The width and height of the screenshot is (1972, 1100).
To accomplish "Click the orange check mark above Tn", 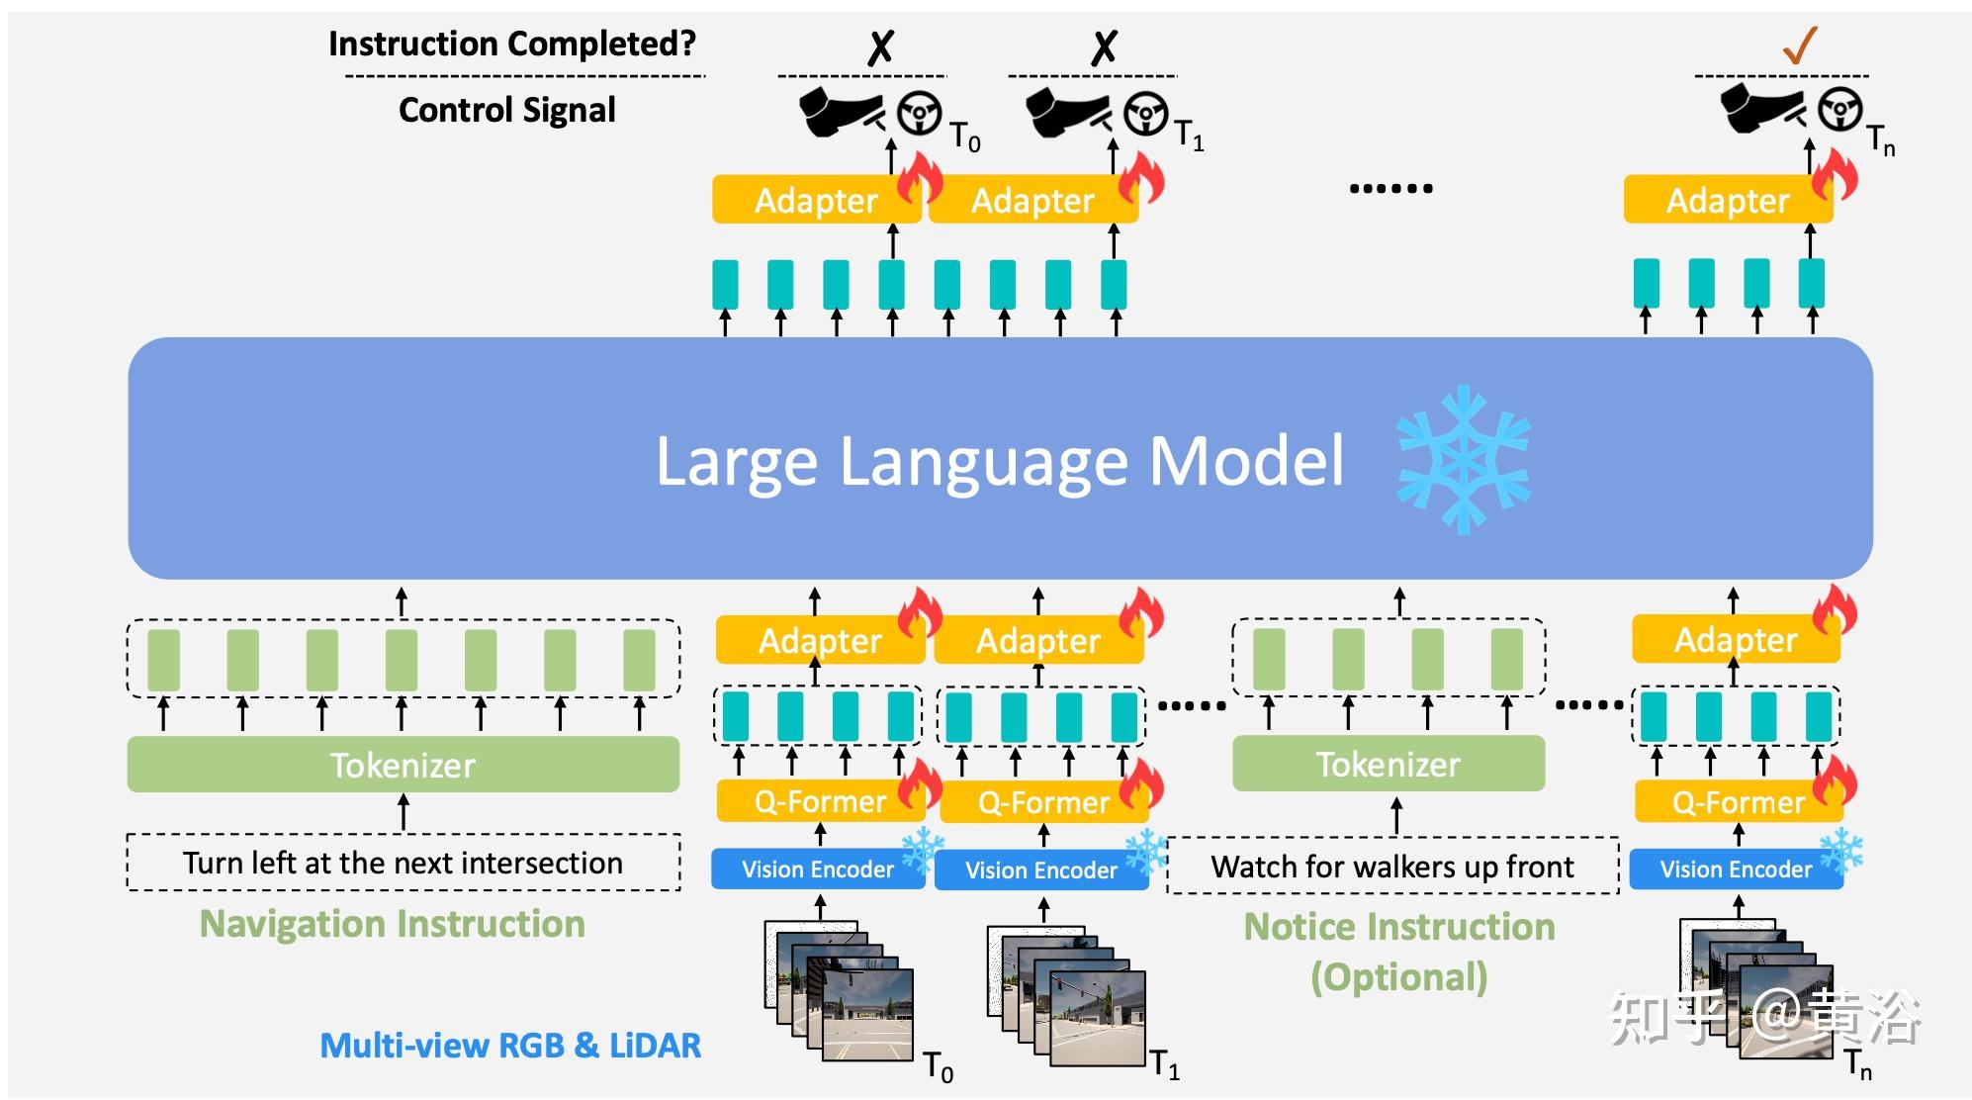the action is (1799, 45).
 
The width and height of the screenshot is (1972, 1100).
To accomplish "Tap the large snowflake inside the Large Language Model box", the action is (1464, 460).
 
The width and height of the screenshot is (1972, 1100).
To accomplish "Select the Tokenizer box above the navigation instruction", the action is (403, 765).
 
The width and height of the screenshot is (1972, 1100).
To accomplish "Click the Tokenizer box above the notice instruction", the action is (1389, 764).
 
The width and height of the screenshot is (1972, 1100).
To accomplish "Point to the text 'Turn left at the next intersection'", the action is (403, 864).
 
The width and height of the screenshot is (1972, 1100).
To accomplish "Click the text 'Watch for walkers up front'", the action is (1392, 868).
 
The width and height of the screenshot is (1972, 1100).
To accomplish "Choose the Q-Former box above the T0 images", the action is (820, 801).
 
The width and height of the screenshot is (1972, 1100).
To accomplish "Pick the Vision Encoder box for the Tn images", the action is (1736, 870).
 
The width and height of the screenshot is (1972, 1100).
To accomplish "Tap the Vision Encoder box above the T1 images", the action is (1041, 871).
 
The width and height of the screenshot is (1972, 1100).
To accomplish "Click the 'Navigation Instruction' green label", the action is (393, 924).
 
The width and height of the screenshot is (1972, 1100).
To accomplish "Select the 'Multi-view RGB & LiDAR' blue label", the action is (510, 1046).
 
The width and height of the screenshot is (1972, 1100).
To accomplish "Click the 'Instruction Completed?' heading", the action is (512, 44).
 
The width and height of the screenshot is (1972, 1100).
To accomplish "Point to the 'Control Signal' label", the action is (507, 110).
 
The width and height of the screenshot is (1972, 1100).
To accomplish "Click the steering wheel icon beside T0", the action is (920, 113).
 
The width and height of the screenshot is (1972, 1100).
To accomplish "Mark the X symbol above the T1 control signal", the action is (1104, 46).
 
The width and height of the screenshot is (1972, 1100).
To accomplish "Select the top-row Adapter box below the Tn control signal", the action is (1728, 200).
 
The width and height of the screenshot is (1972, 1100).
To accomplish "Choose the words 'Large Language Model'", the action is (1000, 461).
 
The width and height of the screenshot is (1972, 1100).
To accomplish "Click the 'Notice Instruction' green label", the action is (1399, 927).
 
